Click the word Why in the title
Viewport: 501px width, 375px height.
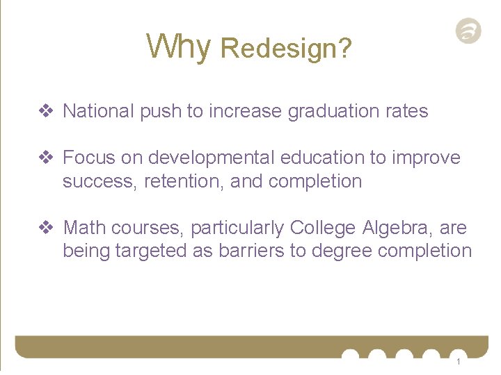(178, 47)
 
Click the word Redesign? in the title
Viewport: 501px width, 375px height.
(285, 49)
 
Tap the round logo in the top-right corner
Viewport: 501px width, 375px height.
(468, 31)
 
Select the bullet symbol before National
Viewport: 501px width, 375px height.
(46, 111)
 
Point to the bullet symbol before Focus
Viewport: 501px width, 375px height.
(46, 158)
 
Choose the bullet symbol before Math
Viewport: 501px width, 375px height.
(46, 228)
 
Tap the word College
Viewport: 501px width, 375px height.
(322, 228)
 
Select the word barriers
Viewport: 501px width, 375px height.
(250, 251)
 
